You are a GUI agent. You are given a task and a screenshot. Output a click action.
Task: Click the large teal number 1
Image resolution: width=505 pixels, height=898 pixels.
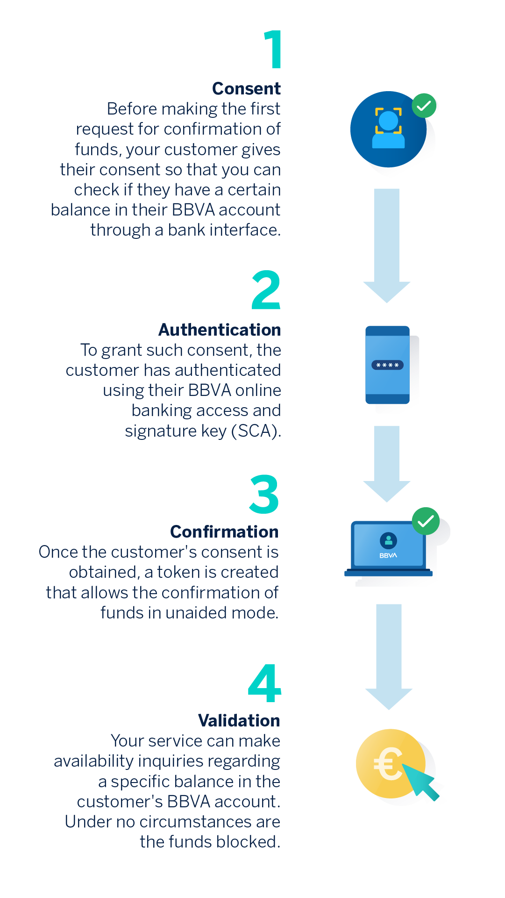pos(273,50)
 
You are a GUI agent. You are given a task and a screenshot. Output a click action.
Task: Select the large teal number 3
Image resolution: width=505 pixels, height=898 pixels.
pos(264,494)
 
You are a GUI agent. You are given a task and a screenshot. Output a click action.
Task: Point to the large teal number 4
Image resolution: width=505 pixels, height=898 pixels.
pos(264,683)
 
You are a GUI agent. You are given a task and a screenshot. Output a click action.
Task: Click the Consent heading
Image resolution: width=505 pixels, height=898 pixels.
pos(246,88)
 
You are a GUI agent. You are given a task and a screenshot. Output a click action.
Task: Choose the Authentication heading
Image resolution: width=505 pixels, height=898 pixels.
pos(220,330)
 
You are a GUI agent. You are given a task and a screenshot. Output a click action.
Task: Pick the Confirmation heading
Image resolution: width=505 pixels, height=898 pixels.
pos(224,532)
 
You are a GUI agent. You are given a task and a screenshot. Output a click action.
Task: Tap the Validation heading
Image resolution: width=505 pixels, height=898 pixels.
pos(239,720)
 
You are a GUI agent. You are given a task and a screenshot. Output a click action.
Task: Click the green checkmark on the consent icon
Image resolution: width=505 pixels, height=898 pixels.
pos(424,106)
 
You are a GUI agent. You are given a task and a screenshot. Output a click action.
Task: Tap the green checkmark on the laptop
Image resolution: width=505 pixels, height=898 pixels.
pos(426,521)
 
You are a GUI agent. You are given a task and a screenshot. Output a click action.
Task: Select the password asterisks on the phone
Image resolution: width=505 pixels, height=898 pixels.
pos(387,365)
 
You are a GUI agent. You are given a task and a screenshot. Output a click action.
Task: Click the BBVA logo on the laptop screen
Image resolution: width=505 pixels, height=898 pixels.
pos(388,555)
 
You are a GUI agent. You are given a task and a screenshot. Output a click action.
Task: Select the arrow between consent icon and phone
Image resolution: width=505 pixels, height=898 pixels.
pos(387,245)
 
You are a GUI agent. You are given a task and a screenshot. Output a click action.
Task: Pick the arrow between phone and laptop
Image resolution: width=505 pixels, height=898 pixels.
pos(387,464)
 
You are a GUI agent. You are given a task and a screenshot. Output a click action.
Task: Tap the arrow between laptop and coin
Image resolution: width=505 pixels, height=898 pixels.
pos(389,657)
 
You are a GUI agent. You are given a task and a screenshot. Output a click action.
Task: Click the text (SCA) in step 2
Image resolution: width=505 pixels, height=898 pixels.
pos(256,431)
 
